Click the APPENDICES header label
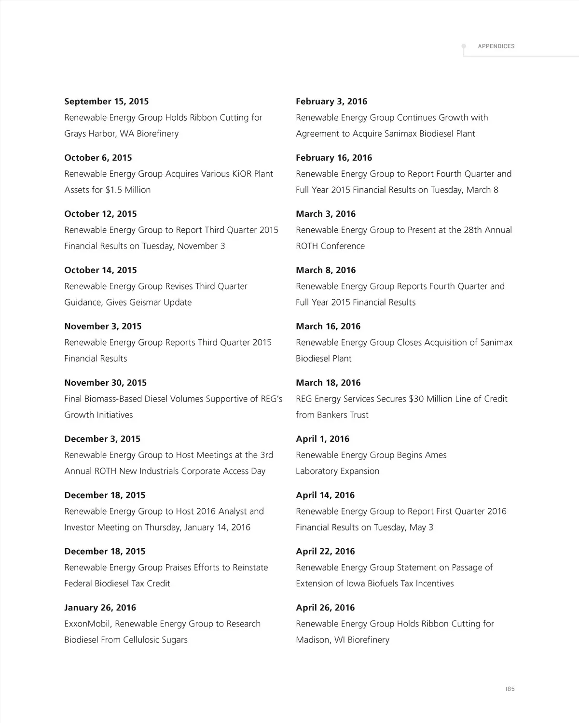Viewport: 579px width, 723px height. click(496, 46)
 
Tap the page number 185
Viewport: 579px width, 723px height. click(510, 689)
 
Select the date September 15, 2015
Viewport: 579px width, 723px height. click(107, 101)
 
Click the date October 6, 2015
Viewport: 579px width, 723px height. click(98, 158)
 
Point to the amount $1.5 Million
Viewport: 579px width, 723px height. click(128, 190)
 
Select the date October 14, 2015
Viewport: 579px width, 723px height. click(100, 270)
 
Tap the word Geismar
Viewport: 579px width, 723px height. click(146, 303)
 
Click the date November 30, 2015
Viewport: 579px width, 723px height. click(105, 383)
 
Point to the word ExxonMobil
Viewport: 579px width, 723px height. click(87, 624)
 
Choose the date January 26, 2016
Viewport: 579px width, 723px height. click(100, 608)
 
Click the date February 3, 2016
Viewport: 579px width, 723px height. click(331, 101)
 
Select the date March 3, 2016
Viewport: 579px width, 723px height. click(326, 214)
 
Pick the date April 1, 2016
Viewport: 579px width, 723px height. click(322, 439)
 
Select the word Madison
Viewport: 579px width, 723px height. click(313, 640)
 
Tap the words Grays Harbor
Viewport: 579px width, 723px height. click(90, 134)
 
